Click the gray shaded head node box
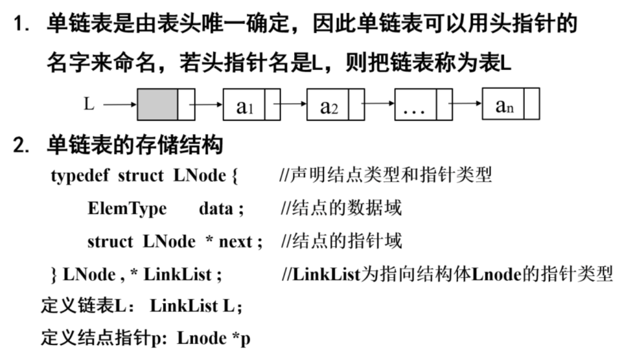point(157,105)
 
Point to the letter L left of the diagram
point(90,104)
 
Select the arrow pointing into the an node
point(467,105)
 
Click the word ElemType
point(127,208)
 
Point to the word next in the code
point(236,241)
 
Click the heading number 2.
point(22,145)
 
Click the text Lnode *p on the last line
point(213,338)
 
